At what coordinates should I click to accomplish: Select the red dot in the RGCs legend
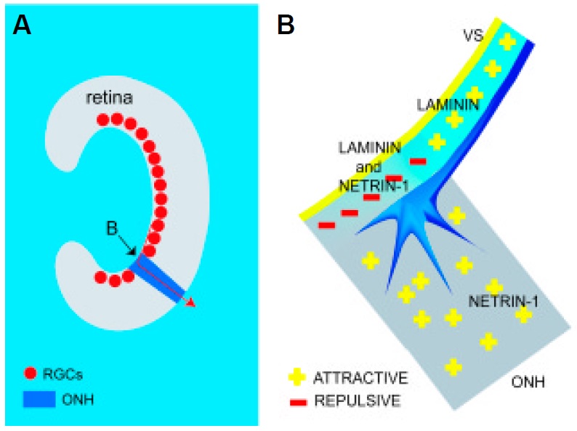[x=30, y=374]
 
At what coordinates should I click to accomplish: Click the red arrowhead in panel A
[x=191, y=302]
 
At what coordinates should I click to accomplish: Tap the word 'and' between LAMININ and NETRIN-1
[x=371, y=166]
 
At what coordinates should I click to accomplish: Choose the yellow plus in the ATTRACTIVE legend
[x=296, y=378]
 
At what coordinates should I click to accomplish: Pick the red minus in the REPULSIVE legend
[x=296, y=400]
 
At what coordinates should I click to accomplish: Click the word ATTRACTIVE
[x=360, y=378]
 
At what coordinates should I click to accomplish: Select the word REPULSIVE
[x=357, y=400]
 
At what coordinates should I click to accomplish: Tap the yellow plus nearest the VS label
[x=507, y=43]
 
